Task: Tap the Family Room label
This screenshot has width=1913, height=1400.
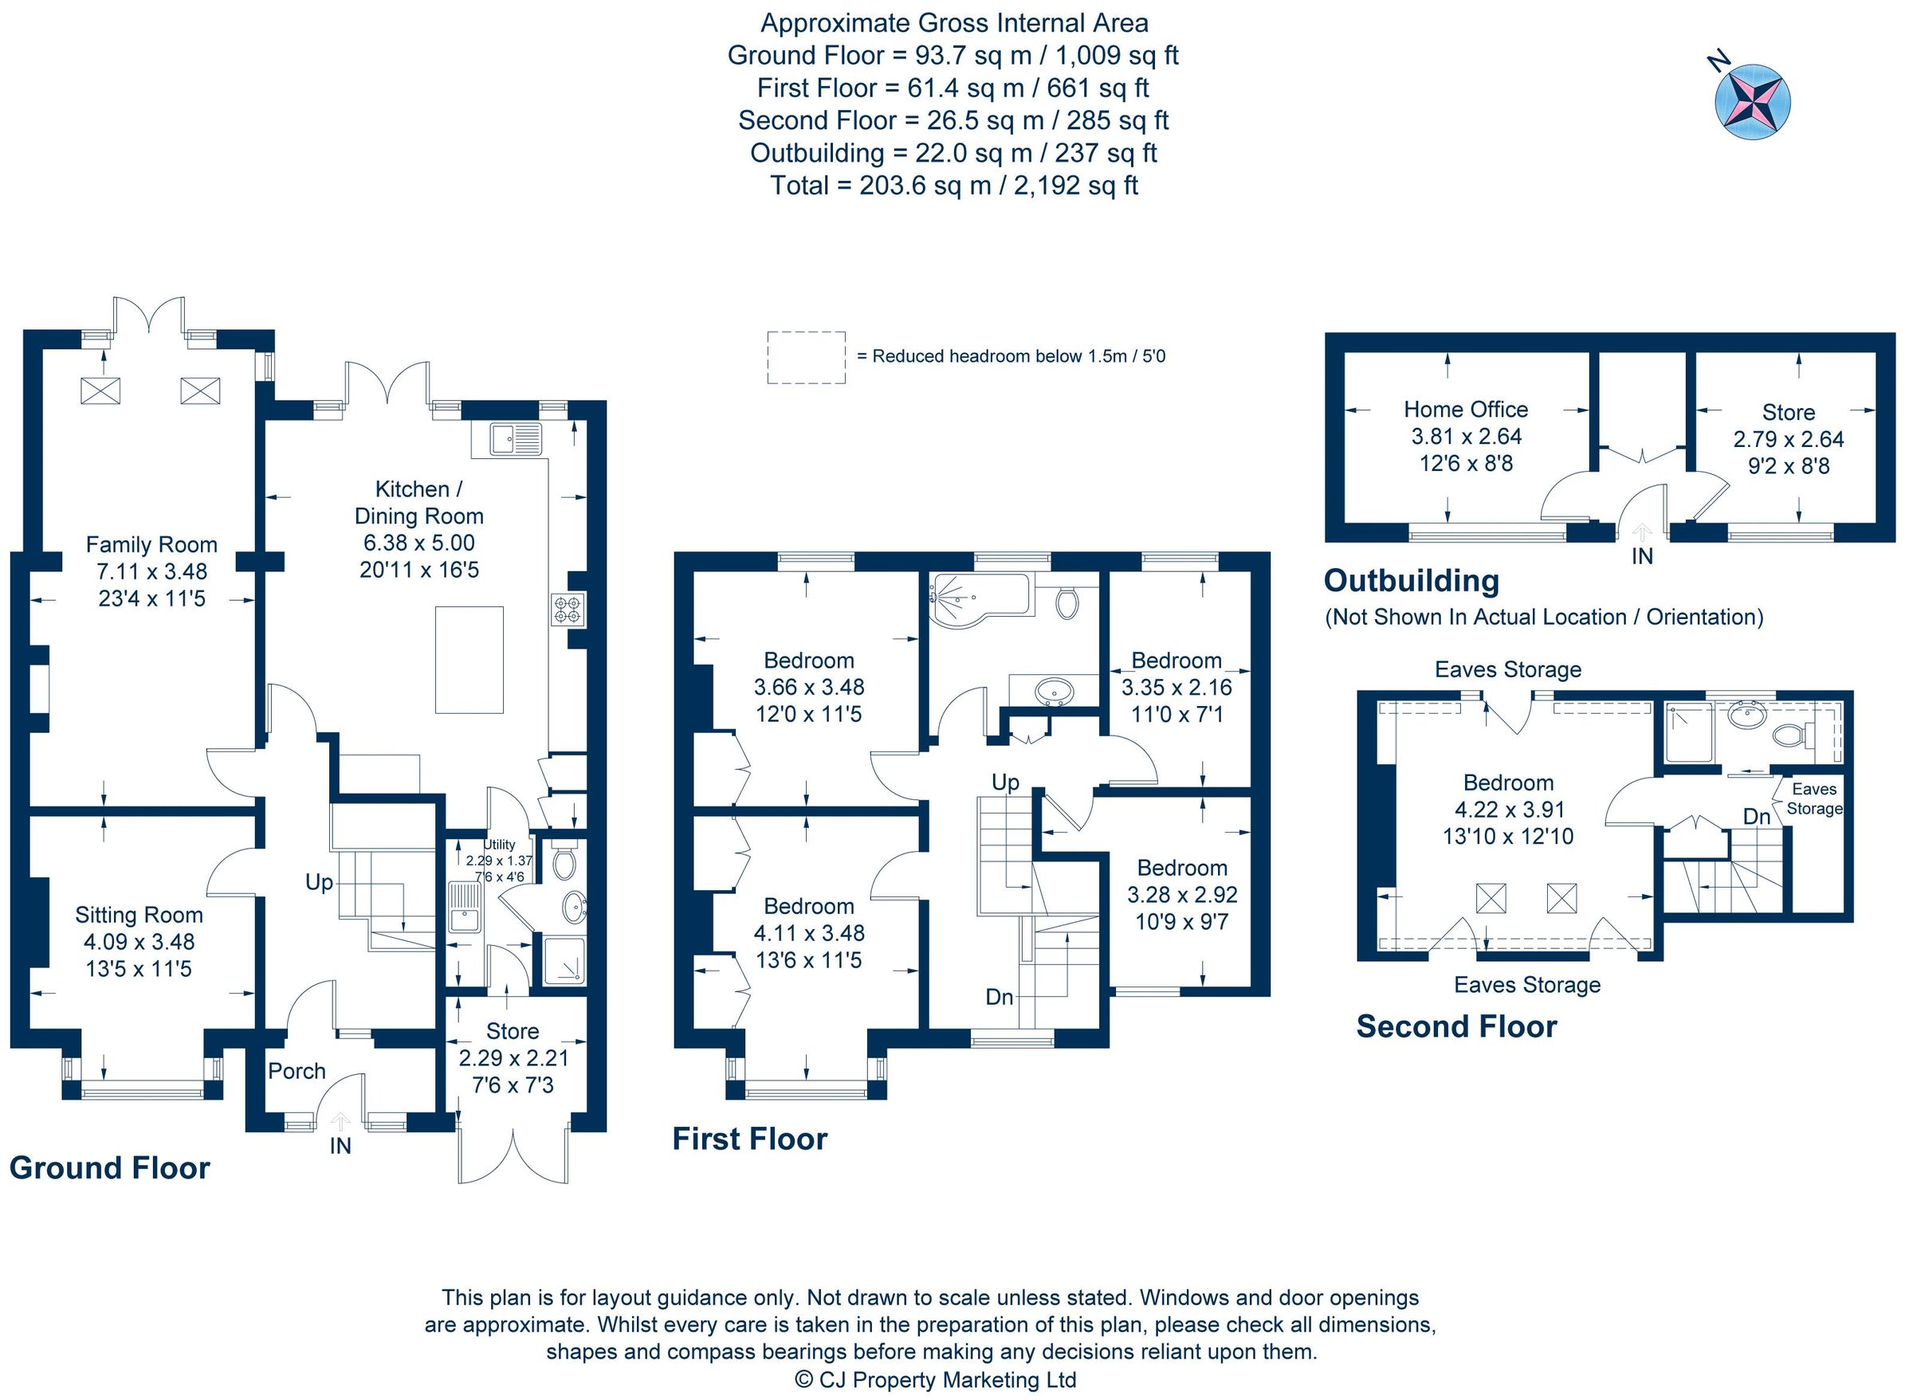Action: pos(151,545)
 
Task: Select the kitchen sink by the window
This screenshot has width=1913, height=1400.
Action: pos(514,439)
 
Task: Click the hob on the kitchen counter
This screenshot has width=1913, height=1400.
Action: pos(568,610)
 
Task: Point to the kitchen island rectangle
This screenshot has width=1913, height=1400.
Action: pos(469,661)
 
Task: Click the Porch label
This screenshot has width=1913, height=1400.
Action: pos(297,1072)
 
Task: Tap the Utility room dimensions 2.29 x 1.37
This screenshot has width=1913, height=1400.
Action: pos(499,861)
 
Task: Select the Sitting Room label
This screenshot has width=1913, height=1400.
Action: pos(139,916)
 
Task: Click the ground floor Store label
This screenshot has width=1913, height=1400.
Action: pos(512,1031)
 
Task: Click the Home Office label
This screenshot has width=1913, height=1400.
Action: pos(1466,410)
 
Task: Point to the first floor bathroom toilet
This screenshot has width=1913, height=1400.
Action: pos(1067,602)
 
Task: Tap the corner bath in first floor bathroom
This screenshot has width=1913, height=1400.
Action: pos(975,598)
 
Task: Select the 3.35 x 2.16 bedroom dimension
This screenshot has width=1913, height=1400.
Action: pos(1176,688)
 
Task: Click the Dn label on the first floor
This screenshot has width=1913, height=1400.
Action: pos(1000,998)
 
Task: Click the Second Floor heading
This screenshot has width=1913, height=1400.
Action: pos(1456,1027)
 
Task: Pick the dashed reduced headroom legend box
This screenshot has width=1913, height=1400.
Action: pos(806,358)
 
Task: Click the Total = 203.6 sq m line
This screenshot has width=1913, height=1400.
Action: pos(953,186)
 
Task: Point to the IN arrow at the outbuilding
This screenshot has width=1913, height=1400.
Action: pos(1642,533)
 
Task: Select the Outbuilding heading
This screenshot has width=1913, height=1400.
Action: pos(1411,582)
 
